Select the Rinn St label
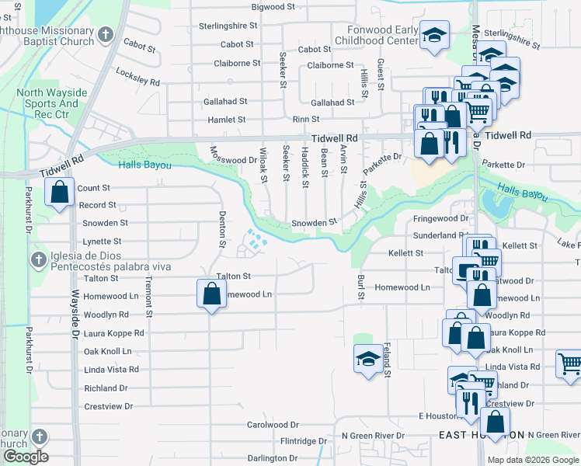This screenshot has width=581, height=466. (x=305, y=119)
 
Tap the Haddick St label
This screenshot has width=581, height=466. (x=305, y=165)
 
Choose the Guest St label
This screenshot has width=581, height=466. (x=381, y=73)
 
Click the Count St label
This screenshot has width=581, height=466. (x=94, y=188)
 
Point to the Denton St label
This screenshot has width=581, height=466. (x=222, y=233)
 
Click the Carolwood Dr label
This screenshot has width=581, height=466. (x=273, y=425)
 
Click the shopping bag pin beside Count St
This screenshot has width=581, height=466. (x=59, y=191)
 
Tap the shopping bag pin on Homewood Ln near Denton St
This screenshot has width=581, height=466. (x=210, y=294)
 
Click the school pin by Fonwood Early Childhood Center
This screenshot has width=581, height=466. (x=435, y=35)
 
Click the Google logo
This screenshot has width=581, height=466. (x=25, y=457)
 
